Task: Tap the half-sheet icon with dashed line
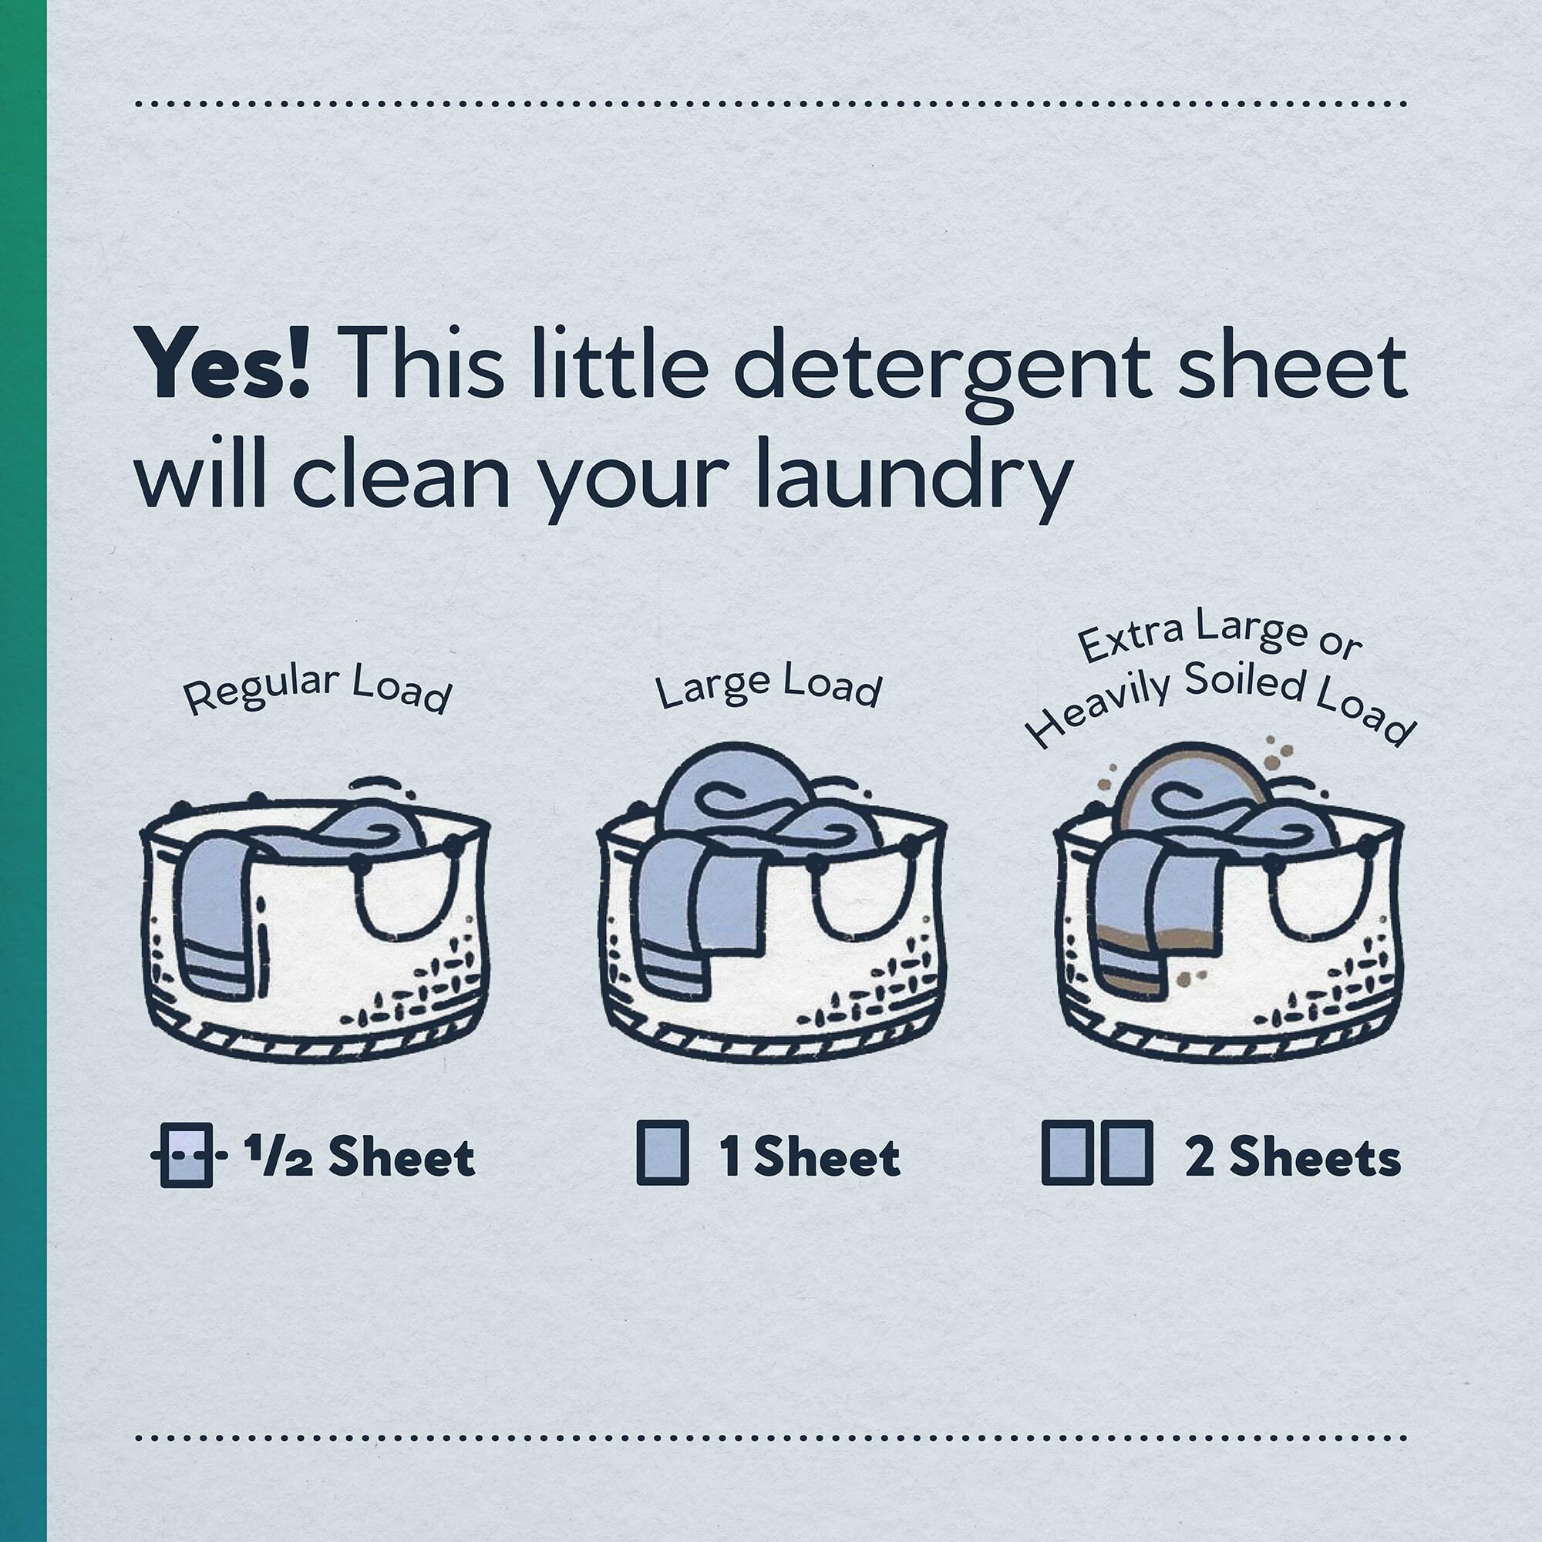(x=185, y=1156)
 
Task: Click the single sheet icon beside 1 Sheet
(x=662, y=1156)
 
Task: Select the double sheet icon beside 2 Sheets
(x=1097, y=1156)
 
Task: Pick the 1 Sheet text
(x=810, y=1158)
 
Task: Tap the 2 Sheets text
(x=1293, y=1158)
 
